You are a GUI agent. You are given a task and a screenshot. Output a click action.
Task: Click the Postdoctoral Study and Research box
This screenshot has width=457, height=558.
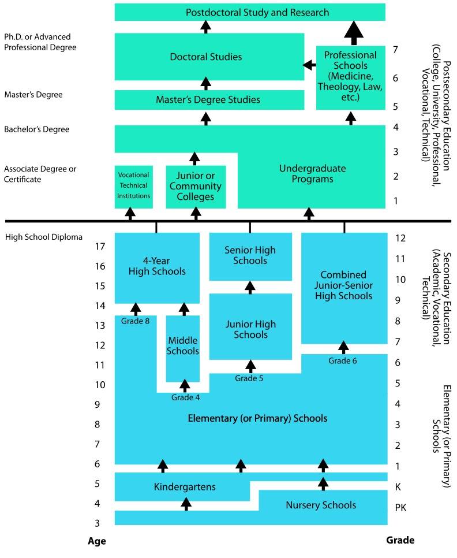pos(249,12)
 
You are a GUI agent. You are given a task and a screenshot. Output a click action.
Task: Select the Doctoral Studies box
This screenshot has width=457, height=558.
pos(209,57)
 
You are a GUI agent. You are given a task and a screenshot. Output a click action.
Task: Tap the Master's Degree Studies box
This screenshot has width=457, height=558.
pos(209,100)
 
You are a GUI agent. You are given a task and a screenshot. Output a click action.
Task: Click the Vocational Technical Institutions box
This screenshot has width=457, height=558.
pos(133,185)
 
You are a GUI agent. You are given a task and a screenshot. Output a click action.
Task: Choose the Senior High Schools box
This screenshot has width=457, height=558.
pos(250,256)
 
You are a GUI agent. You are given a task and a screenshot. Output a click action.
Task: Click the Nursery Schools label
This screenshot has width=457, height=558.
pos(321,505)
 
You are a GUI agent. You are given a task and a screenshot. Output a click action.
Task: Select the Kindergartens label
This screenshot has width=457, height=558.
pos(185,487)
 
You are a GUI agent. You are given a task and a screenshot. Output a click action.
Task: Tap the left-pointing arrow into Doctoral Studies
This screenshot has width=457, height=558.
pos(309,65)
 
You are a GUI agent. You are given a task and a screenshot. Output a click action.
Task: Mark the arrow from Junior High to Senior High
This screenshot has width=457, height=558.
pos(250,287)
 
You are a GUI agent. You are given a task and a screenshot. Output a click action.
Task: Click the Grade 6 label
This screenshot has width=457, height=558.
pos(343,361)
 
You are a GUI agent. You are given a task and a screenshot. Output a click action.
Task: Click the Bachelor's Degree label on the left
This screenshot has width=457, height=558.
pos(37,129)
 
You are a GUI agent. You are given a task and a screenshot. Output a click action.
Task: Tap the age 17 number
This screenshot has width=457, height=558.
pos(100,247)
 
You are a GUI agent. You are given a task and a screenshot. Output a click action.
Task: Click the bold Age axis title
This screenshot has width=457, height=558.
pos(96,541)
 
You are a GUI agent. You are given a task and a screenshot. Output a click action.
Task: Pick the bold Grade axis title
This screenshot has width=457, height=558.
pos(400,541)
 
